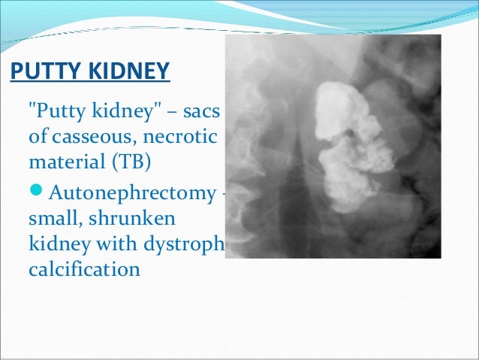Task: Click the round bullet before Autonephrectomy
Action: coord(37,192)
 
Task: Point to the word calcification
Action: coord(83,268)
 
